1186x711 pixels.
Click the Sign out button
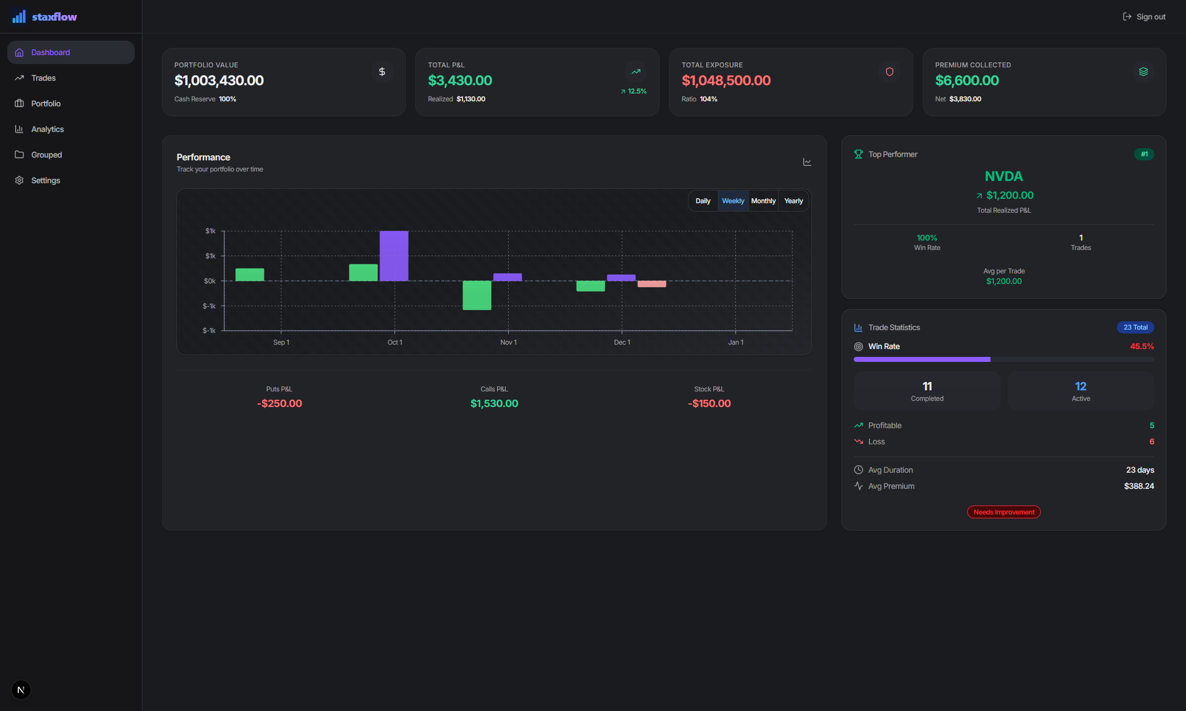[1144, 17]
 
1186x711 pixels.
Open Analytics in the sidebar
[47, 129]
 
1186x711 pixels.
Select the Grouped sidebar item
[46, 155]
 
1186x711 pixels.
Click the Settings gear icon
[19, 180]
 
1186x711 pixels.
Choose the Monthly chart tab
[763, 201]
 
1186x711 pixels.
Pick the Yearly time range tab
[793, 201]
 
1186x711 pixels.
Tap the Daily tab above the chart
[703, 201]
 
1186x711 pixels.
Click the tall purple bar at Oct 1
[393, 256]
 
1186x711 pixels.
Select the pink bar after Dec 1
[652, 284]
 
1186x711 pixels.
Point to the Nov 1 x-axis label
[508, 342]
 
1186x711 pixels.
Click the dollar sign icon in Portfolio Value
[382, 72]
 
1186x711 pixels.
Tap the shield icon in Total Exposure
[889, 72]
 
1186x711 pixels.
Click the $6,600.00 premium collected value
[967, 81]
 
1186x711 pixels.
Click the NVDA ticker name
[1003, 176]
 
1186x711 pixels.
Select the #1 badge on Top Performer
[1144, 154]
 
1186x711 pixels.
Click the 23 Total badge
[1135, 327]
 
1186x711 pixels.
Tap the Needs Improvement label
[1003, 512]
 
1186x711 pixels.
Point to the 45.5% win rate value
[1141, 346]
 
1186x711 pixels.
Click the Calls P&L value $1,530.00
[494, 404]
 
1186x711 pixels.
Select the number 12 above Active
[1080, 386]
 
